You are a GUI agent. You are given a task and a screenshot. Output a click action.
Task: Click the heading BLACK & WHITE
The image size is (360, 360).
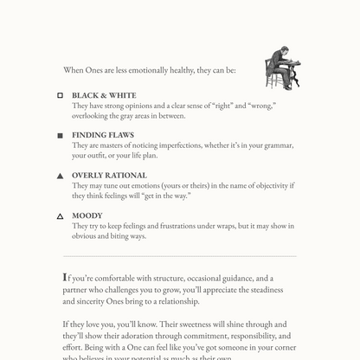[104, 95]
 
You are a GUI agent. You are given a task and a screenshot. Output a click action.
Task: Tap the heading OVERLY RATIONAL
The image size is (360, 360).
[110, 176]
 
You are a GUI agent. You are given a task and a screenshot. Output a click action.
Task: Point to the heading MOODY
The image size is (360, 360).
[87, 215]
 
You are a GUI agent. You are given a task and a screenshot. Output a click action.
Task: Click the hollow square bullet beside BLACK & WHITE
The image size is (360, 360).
[60, 95]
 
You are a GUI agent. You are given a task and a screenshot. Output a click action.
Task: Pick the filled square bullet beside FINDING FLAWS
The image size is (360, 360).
[60, 136]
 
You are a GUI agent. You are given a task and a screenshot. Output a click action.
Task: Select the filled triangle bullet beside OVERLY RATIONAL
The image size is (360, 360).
[60, 176]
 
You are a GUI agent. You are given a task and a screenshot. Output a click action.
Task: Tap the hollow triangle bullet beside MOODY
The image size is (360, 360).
[60, 216]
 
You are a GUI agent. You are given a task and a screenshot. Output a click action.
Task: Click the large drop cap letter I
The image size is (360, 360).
[66, 278]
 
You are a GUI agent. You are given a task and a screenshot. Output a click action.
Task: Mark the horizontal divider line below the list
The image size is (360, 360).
[180, 256]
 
